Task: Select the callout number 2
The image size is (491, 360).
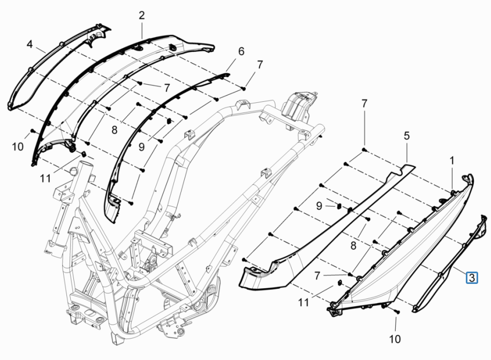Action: [x=142, y=16]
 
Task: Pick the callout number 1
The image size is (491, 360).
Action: [x=452, y=160]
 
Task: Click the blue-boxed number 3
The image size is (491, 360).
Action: [x=471, y=277]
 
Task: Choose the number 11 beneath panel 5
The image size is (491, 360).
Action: [x=304, y=303]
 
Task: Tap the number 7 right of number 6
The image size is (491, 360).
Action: [x=260, y=65]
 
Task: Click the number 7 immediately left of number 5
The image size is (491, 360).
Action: [x=364, y=103]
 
